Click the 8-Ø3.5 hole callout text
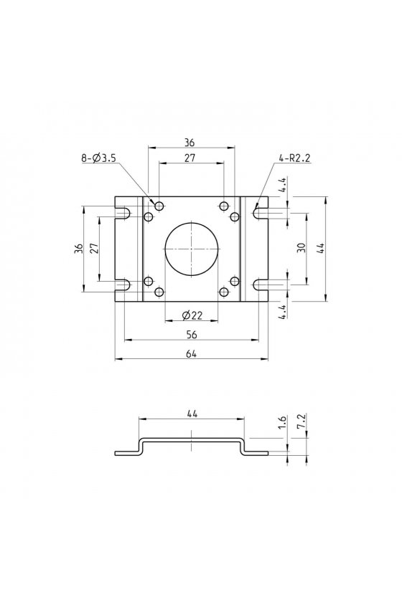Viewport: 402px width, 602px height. (x=98, y=158)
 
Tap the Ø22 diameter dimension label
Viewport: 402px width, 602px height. (x=192, y=315)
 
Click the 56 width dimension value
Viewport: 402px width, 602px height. (x=192, y=335)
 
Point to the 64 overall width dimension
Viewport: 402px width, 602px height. (x=192, y=353)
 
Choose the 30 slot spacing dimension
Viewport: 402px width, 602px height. (x=301, y=247)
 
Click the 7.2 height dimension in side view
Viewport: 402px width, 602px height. (x=301, y=421)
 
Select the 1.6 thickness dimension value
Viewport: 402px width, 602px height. (x=282, y=422)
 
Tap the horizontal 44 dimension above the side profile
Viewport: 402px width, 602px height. (x=192, y=414)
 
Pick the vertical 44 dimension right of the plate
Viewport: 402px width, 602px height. (x=321, y=247)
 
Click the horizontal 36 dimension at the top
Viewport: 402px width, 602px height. (x=190, y=143)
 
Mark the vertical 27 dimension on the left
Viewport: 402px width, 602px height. (x=95, y=248)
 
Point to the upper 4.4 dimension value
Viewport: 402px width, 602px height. (x=282, y=185)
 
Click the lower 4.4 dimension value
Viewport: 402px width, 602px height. (x=282, y=311)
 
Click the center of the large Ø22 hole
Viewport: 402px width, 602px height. (x=192, y=249)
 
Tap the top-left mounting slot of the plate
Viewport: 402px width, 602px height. (x=123, y=212)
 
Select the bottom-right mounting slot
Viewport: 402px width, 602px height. (x=261, y=285)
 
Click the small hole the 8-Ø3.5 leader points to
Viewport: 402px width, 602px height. (x=159, y=206)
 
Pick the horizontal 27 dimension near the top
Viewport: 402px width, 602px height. (x=190, y=158)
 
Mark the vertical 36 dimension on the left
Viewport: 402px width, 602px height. (x=78, y=248)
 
